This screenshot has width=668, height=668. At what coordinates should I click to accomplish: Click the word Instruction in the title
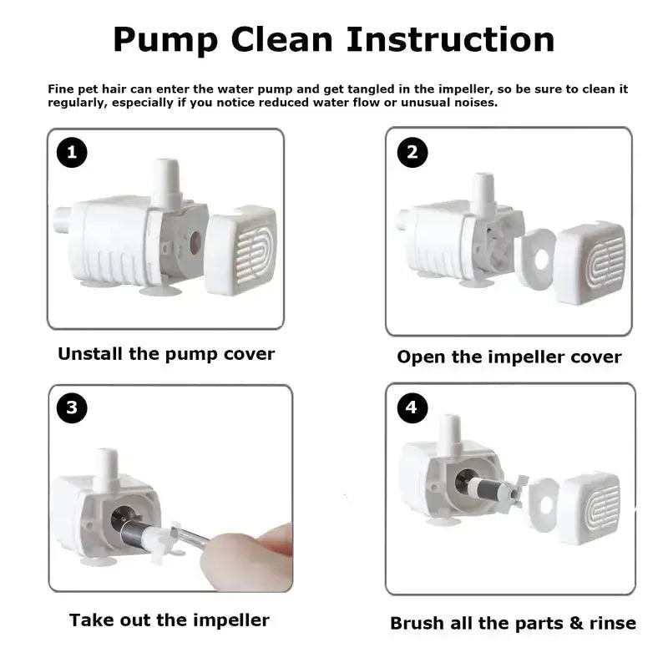(x=451, y=39)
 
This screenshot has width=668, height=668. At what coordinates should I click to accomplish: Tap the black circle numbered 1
(x=72, y=152)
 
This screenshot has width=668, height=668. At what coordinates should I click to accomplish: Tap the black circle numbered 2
(x=412, y=152)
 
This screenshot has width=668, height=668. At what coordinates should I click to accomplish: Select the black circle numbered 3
(x=72, y=407)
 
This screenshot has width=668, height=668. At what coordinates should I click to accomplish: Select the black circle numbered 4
(x=412, y=407)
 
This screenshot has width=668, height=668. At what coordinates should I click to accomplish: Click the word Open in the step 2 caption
(x=421, y=357)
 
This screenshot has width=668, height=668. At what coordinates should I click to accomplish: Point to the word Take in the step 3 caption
(x=91, y=620)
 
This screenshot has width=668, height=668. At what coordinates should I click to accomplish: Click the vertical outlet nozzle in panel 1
(x=165, y=183)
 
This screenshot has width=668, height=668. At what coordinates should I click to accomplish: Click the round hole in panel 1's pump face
(x=195, y=243)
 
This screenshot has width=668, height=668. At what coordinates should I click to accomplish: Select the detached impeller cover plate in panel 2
(x=534, y=259)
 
